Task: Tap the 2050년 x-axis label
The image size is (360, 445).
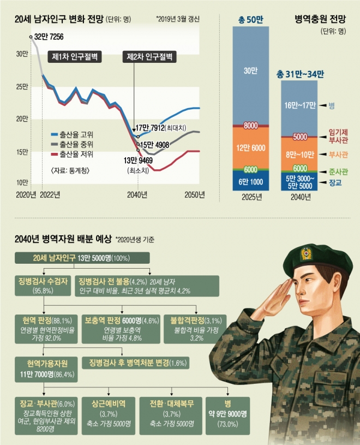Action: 195,194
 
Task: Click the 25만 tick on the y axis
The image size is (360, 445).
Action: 21,87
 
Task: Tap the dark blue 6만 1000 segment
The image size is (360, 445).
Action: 251,181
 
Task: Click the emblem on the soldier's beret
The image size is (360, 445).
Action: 307,253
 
